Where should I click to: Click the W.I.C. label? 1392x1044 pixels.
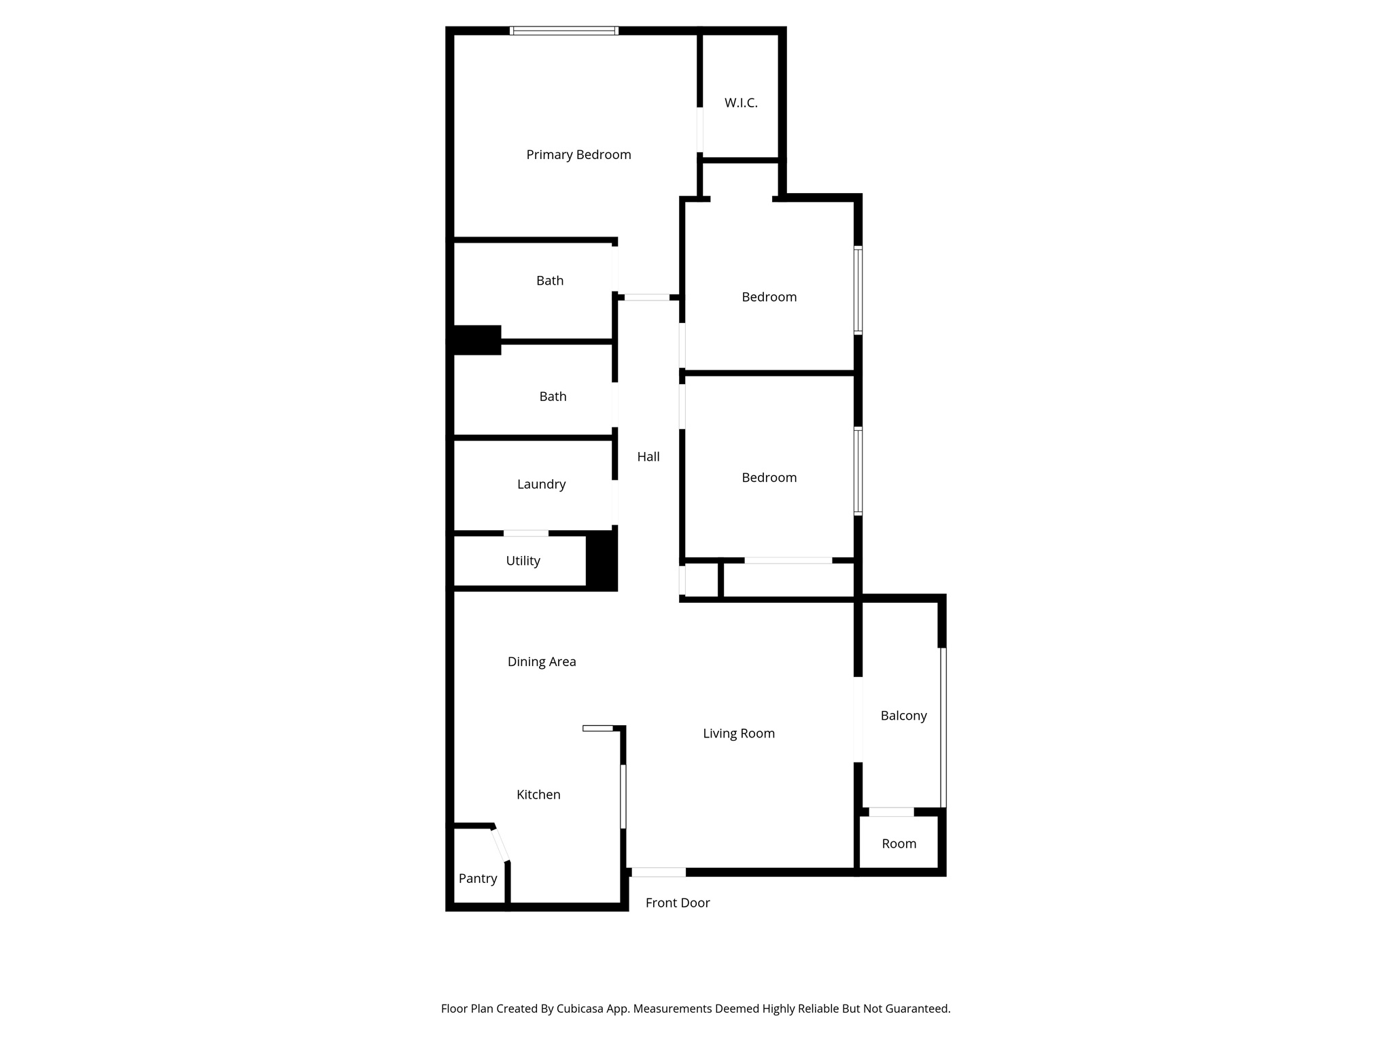click(741, 103)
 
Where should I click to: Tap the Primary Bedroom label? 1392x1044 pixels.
click(578, 155)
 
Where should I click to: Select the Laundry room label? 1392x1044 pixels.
click(541, 485)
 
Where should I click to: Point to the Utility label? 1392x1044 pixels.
click(523, 561)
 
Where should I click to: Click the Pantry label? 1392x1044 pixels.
click(478, 879)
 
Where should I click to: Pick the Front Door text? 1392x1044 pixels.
click(678, 903)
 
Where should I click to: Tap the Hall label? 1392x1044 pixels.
click(648, 457)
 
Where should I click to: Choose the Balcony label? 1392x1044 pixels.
click(903, 716)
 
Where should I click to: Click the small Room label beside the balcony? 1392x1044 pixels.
click(899, 844)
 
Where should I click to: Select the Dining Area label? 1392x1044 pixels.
click(542, 662)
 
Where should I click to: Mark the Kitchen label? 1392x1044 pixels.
click(538, 795)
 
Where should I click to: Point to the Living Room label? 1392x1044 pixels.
click(739, 734)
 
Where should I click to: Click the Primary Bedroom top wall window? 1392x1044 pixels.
click(563, 31)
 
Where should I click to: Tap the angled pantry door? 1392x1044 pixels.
click(500, 844)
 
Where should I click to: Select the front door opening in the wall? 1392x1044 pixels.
click(658, 872)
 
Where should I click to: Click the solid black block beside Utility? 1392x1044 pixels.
click(602, 561)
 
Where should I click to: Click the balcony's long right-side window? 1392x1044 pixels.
click(943, 727)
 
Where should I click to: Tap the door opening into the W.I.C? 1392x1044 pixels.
click(699, 130)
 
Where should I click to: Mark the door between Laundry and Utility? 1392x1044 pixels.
click(525, 534)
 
